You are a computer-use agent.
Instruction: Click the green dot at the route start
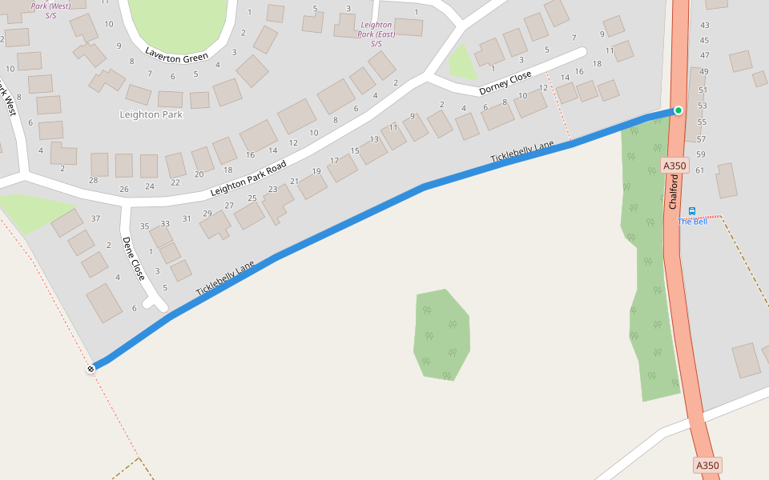678,110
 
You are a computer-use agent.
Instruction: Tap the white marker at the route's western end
91,368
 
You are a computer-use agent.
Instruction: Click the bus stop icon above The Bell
692,211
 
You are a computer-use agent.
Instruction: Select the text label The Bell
692,222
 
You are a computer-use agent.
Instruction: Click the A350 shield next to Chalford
675,166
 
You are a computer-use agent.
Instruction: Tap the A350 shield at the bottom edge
707,465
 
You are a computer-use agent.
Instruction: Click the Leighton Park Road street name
248,179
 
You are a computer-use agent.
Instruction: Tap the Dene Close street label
134,258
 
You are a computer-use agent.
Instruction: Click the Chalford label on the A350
674,193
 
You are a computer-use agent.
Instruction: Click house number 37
96,218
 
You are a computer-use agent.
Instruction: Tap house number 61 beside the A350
699,170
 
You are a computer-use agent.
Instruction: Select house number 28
93,180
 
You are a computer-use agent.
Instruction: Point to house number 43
705,26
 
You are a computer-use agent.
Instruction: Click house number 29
207,214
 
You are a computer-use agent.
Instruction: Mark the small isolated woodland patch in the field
442,334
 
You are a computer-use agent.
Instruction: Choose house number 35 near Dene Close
145,226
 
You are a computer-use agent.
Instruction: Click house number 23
272,190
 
